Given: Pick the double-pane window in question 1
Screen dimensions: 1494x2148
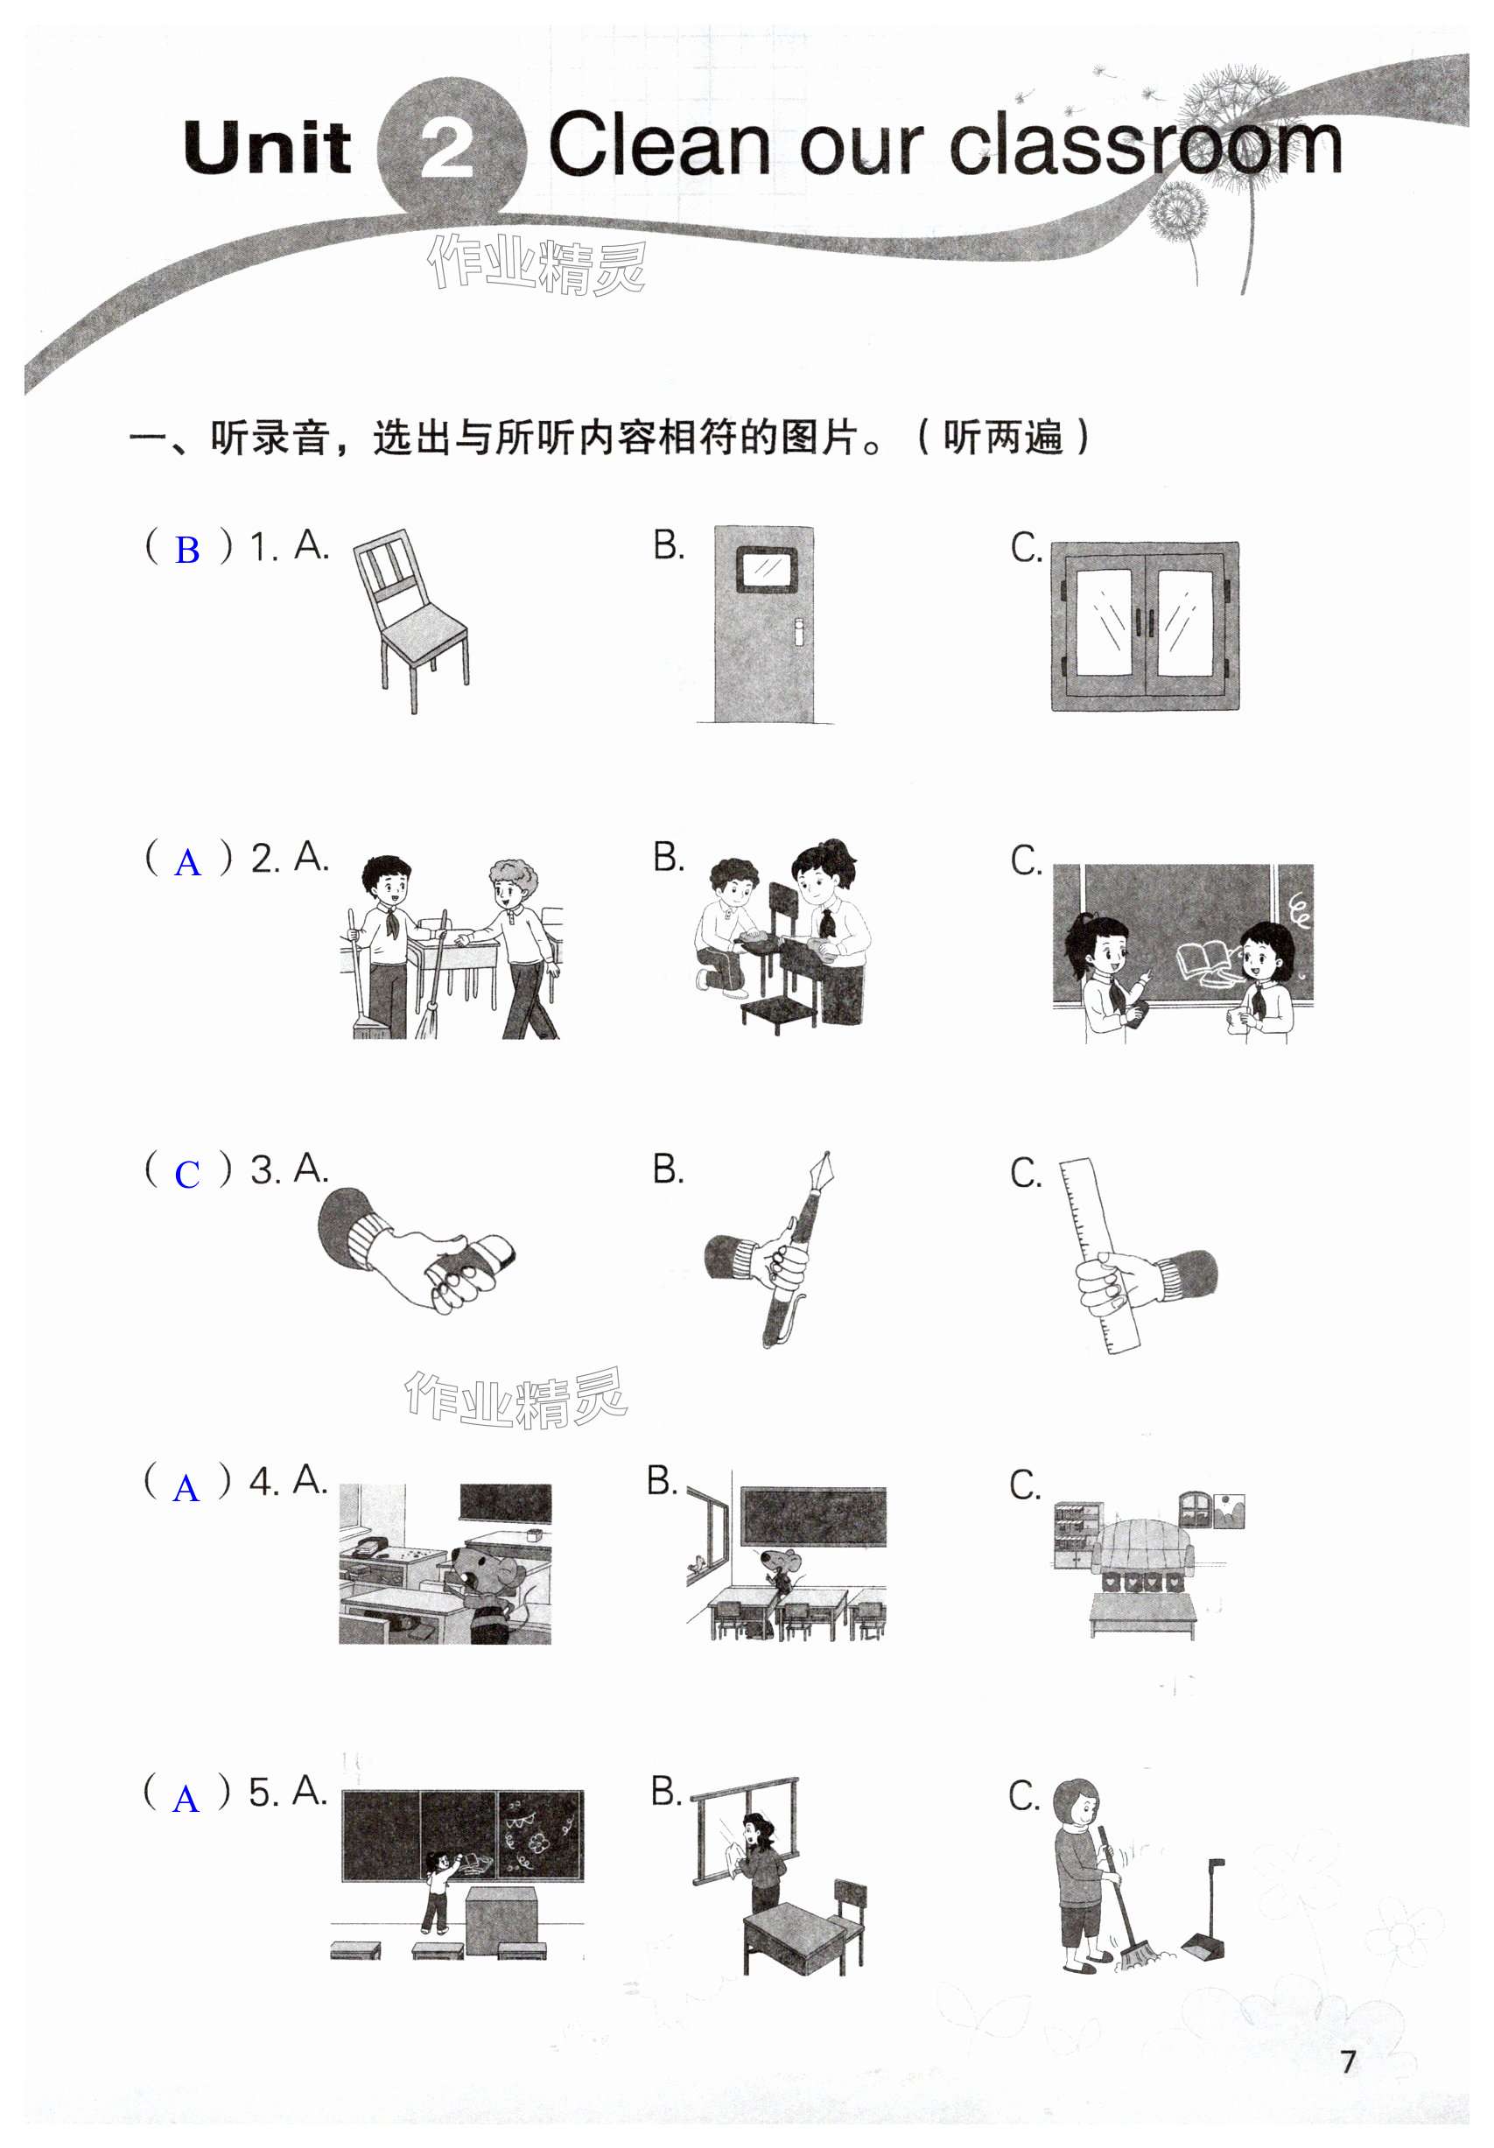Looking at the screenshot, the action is pyautogui.click(x=1144, y=626).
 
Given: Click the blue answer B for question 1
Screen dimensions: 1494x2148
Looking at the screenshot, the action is pyautogui.click(x=187, y=550).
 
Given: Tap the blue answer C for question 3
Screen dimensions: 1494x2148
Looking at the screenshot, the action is pyautogui.click(x=187, y=1174).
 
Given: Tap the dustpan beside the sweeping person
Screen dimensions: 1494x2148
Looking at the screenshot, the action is pyautogui.click(x=1206, y=1908).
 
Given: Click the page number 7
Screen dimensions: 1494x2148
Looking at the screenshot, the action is pyautogui.click(x=1347, y=2061).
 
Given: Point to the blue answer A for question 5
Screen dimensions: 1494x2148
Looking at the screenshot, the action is pyautogui.click(x=186, y=1798).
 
